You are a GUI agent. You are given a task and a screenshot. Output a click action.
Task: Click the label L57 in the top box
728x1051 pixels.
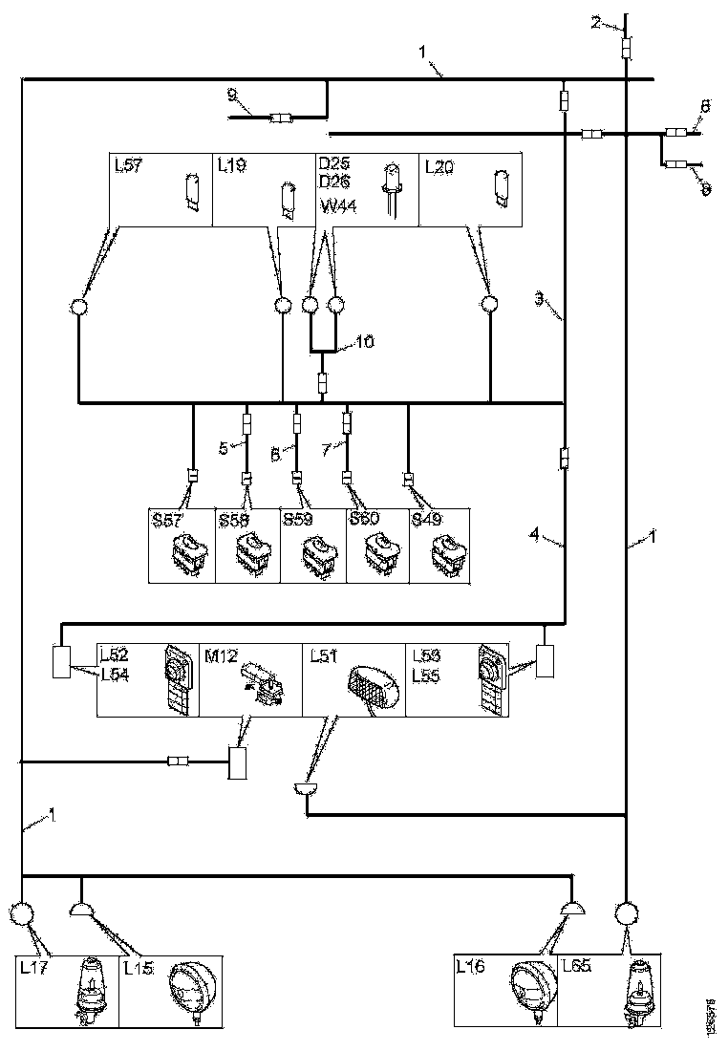(128, 166)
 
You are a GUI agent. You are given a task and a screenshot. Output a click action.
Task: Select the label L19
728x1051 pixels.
(232, 166)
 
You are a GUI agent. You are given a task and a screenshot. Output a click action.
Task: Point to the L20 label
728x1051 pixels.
(440, 166)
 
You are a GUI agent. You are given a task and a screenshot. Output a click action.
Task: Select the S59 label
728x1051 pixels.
(299, 521)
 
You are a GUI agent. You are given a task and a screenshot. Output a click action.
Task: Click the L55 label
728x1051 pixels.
(426, 673)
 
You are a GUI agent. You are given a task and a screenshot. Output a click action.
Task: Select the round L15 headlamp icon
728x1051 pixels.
(189, 990)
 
